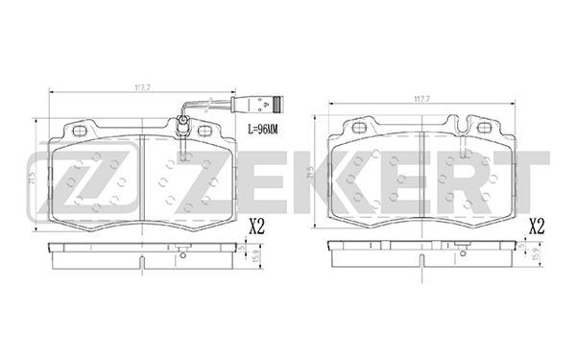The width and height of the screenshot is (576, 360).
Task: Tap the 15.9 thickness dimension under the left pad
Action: (255, 256)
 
